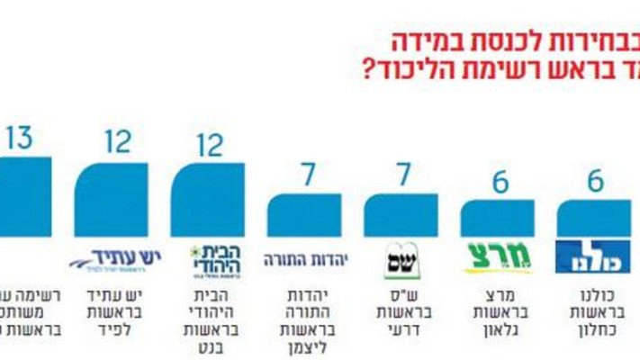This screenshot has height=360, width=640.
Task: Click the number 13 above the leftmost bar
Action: pos(19,138)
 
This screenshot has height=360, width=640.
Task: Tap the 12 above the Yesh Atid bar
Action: pos(118,141)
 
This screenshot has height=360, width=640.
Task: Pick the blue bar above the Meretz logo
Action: pos(497,219)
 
